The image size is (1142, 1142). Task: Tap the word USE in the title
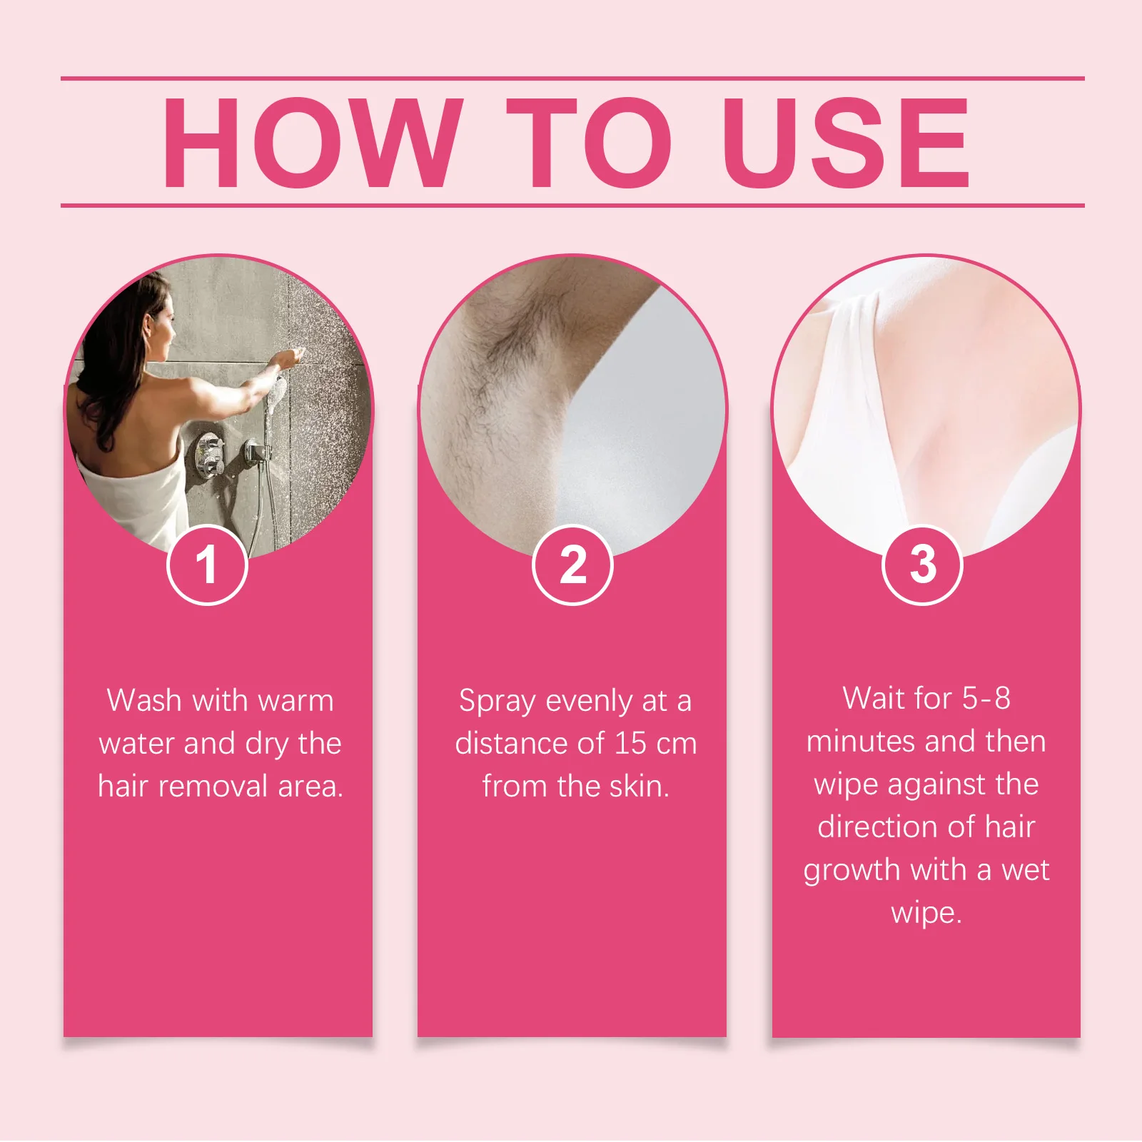[x=847, y=143]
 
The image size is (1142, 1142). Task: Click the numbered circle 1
[x=207, y=565]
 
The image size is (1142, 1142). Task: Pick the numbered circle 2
[x=572, y=565]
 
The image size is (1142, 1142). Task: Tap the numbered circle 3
[x=922, y=565]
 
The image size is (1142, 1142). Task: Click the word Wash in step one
[x=143, y=700]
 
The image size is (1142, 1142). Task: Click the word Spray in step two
[x=497, y=702]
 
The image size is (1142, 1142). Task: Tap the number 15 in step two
[x=630, y=744]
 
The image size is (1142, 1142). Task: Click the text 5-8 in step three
[x=986, y=698]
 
